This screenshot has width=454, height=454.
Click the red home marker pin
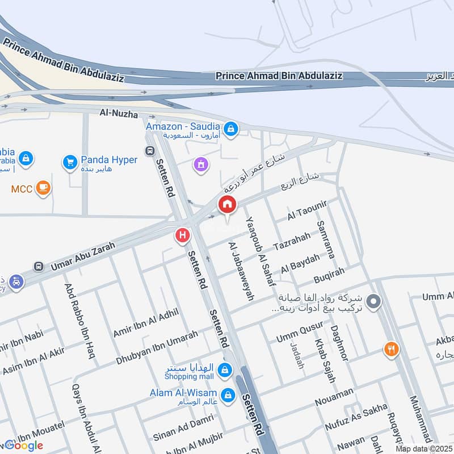(x=227, y=205)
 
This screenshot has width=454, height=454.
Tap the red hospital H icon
(x=182, y=234)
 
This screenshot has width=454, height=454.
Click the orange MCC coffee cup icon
(x=43, y=188)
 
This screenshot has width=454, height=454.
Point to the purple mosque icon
(x=200, y=165)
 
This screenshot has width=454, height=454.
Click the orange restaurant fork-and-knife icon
(x=390, y=349)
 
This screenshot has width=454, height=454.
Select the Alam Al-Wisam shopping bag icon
(x=228, y=394)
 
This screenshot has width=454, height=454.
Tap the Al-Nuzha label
(x=119, y=114)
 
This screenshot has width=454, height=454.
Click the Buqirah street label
(x=329, y=277)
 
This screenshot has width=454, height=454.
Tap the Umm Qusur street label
(x=299, y=332)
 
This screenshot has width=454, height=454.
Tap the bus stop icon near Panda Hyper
(x=150, y=152)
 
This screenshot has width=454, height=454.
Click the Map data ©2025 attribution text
(x=424, y=448)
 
